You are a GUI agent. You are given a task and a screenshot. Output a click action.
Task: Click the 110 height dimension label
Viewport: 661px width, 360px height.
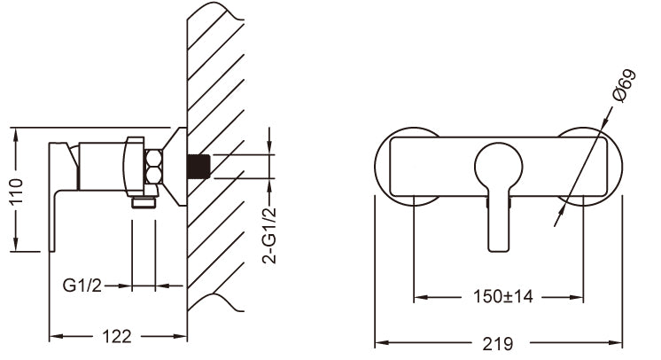(x=17, y=191)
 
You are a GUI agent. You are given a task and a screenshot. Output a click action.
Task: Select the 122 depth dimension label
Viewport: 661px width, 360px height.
(x=117, y=336)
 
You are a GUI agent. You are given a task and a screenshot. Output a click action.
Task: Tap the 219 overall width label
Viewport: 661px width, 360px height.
(x=498, y=343)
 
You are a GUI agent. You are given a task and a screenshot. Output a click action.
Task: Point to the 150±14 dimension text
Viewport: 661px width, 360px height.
(x=503, y=296)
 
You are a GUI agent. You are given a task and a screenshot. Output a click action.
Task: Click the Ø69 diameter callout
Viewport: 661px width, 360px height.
(x=625, y=86)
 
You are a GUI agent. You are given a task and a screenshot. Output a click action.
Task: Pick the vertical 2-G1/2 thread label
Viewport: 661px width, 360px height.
(x=269, y=236)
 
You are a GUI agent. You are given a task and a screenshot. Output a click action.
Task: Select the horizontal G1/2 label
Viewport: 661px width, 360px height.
(x=82, y=286)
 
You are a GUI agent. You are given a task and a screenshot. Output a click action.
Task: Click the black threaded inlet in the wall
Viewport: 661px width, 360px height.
(x=198, y=167)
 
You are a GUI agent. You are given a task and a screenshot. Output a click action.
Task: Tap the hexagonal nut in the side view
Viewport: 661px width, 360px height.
(x=153, y=166)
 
